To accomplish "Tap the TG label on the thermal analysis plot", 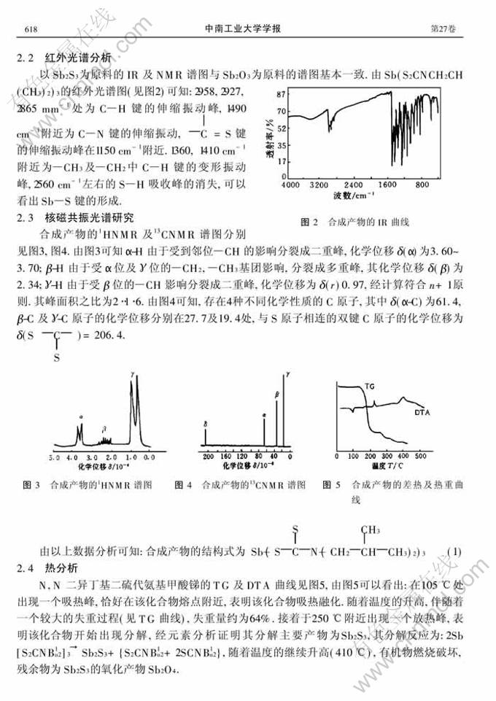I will pos(371,387).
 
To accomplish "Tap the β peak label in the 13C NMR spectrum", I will pos(276,394).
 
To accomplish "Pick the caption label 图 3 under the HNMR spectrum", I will pos(31,484).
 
